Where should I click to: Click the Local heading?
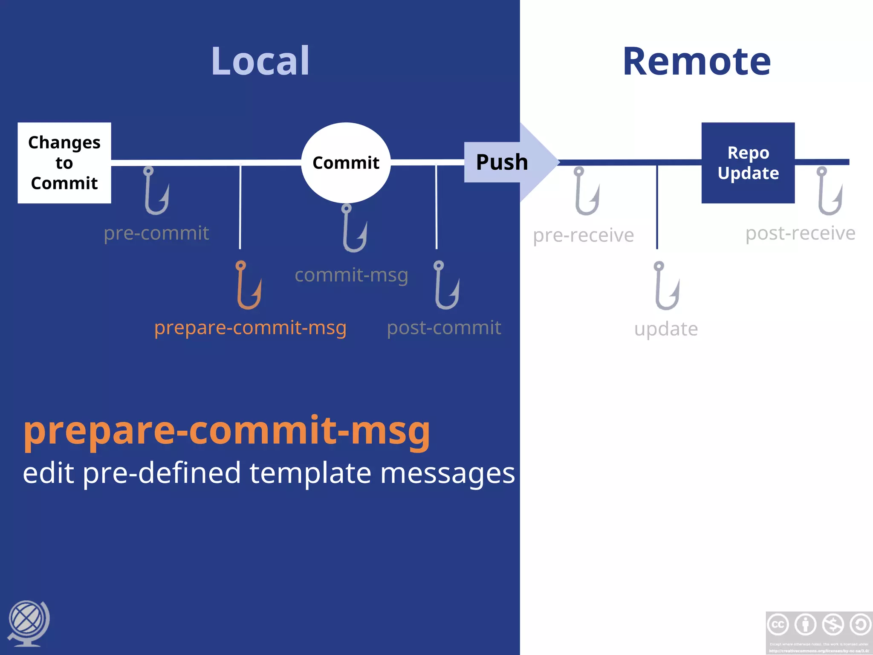[260, 61]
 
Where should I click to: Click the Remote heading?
[697, 61]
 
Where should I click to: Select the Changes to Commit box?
[64, 163]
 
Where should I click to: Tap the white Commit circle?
[346, 163]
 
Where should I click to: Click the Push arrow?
[507, 162]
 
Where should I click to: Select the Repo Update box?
[748, 163]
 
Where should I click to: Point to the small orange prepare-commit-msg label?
[250, 327]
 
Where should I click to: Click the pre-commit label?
[156, 233]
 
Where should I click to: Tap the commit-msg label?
[351, 275]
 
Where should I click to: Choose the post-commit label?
[444, 328]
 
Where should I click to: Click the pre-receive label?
[583, 235]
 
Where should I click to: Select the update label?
[666, 329]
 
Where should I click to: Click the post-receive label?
[800, 233]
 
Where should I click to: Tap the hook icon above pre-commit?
[156, 191]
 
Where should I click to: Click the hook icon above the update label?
[666, 286]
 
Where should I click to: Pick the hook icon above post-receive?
[829, 191]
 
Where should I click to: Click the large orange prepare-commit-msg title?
[227, 431]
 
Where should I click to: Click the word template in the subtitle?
[310, 473]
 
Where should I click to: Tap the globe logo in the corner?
[28, 623]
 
